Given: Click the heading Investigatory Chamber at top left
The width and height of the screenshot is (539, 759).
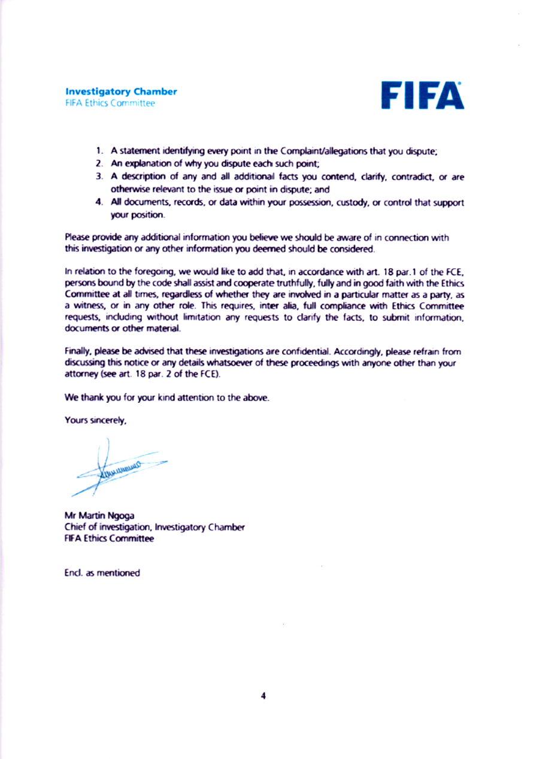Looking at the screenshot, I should [x=121, y=92].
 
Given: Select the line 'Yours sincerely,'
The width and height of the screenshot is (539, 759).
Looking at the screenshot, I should [x=96, y=421].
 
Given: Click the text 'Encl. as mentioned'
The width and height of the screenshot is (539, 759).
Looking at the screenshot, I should [x=102, y=573].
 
